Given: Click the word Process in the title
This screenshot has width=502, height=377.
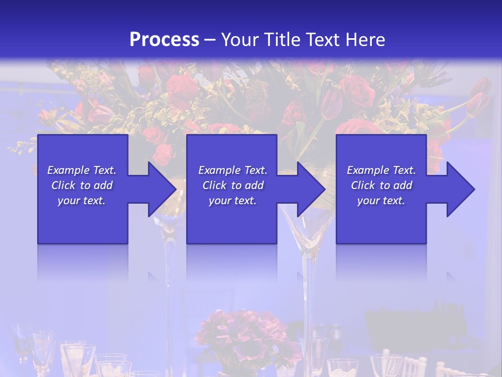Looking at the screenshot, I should coord(164,39).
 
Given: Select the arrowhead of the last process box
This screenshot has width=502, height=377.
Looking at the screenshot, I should coord(460,189).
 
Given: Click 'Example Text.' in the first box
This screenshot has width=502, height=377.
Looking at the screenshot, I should coord(82,170).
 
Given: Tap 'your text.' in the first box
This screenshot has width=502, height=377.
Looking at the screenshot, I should coord(82,201).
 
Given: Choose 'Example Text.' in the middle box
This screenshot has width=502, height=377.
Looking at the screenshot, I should coord(233,170).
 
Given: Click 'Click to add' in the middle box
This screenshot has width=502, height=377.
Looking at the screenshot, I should coord(233,185).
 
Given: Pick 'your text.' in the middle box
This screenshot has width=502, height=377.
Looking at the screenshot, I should coord(233,201).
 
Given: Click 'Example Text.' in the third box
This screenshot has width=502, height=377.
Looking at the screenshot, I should coord(381,170).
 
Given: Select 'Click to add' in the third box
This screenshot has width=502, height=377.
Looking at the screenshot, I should coord(381,185).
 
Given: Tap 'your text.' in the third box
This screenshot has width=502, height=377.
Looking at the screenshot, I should coord(381,201).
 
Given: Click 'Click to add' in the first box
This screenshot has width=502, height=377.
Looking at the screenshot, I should coord(82,185).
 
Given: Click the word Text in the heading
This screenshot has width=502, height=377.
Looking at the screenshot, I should coord(323,39).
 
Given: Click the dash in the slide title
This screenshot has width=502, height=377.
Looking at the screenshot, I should coord(210,40).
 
